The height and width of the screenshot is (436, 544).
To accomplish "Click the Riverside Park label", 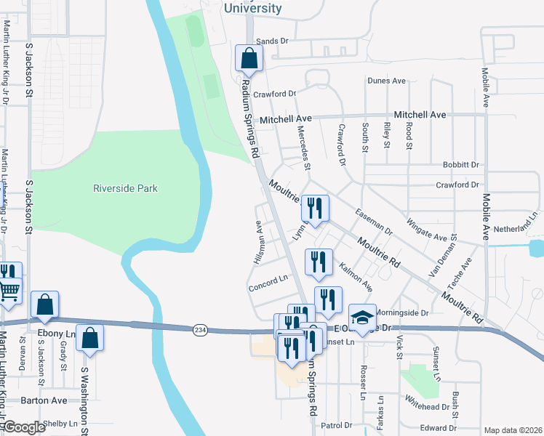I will tap(125, 188).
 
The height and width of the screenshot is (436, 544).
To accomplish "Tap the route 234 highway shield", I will tap(199, 331).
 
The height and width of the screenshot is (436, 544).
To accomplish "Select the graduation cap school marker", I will tap(362, 318).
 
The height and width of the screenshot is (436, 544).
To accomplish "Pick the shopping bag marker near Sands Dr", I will tap(249, 59).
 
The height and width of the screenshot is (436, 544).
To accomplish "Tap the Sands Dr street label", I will tap(273, 41).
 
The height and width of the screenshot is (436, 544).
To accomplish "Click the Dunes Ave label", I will tap(386, 81).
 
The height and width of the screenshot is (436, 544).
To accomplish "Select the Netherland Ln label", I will tap(519, 228).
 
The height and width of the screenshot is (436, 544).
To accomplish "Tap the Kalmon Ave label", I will tap(356, 278).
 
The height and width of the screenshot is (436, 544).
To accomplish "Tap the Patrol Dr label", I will tap(337, 425).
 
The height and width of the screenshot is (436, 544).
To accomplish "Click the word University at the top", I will tap(252, 9).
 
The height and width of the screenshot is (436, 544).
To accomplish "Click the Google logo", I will tap(25, 427).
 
